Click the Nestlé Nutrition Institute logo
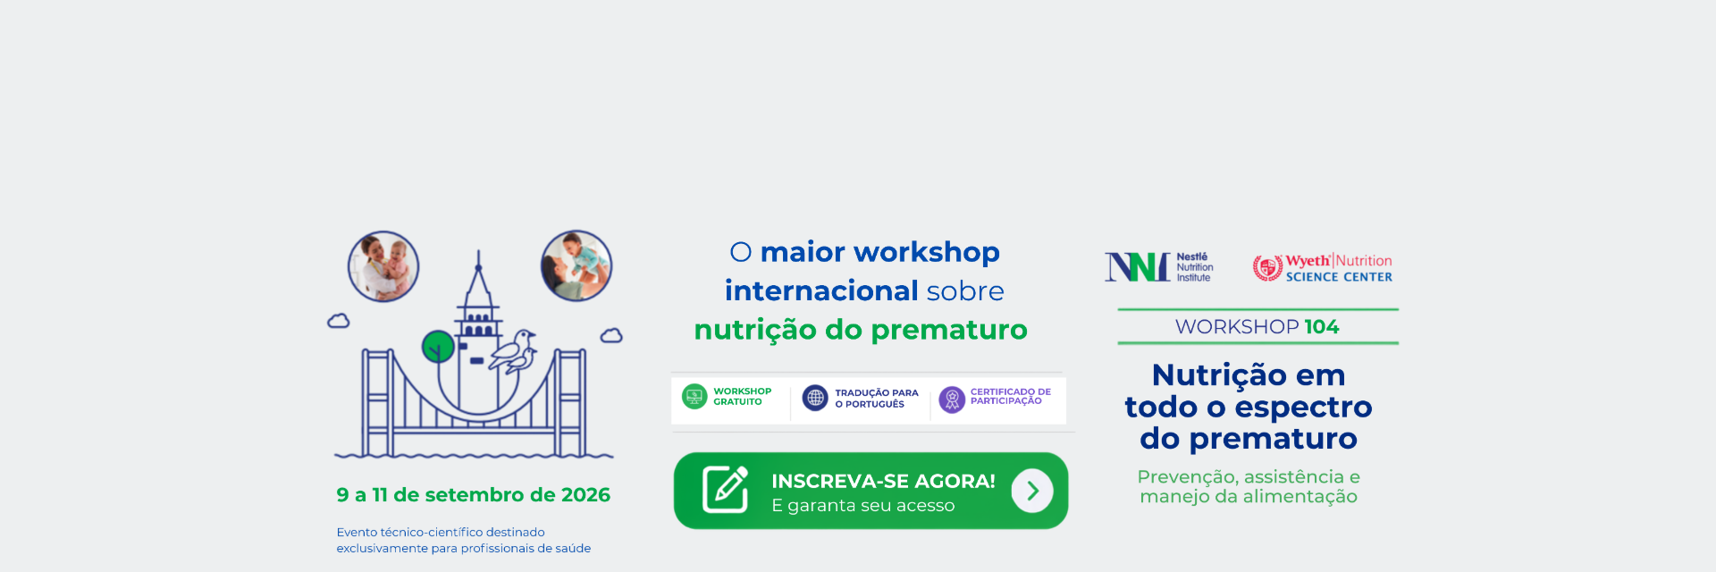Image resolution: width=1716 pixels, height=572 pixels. pos(1159,267)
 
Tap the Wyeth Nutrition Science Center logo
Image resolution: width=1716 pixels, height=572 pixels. pos(1323,267)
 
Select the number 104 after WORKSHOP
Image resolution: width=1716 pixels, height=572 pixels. pos(1322,327)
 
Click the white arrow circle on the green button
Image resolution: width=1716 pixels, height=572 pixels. pos(1032,491)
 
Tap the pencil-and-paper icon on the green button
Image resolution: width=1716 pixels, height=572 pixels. pos(725,489)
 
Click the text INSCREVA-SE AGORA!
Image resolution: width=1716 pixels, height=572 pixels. pos(883,481)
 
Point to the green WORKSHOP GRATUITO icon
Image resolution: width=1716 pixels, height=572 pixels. pos(694,396)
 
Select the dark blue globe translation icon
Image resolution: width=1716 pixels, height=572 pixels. pos(815,398)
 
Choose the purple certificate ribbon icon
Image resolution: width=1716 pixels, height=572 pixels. pos(952,400)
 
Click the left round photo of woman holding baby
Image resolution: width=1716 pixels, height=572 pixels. pos(383,266)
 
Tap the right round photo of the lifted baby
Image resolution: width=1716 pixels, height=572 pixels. pos(576,265)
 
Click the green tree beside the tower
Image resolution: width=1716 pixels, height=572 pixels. pos(438,347)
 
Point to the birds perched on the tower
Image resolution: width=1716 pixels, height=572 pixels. pos(514,351)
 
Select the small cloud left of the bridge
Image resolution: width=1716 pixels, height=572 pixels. pos(339,321)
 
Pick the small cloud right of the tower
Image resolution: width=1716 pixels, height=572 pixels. pos(611,335)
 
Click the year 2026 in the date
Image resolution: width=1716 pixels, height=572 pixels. pos(585,495)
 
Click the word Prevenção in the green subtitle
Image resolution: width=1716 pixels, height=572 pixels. pos(1187,477)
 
